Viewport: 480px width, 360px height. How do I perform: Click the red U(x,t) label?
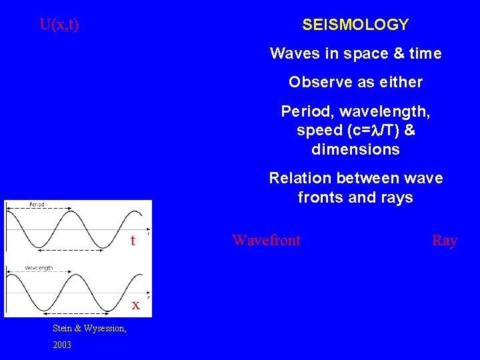click(59, 25)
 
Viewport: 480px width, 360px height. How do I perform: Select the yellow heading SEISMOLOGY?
click(355, 25)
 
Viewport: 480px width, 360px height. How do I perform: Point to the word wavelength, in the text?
click(374, 111)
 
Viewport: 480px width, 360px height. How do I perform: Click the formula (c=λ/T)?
click(375, 130)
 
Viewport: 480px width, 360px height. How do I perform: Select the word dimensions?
click(355, 149)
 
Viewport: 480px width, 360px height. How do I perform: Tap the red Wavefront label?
click(266, 240)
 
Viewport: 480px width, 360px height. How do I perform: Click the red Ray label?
click(445, 240)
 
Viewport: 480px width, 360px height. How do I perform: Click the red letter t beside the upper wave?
click(133, 240)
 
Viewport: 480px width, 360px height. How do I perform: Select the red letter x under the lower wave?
click(135, 305)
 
